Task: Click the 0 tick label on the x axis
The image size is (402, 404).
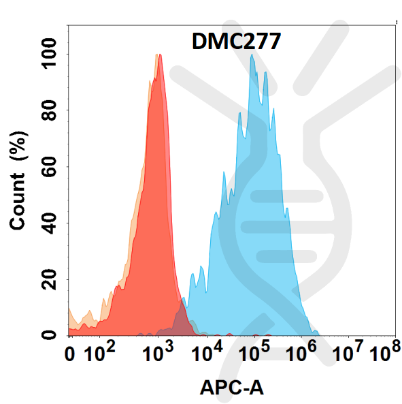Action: click(69, 354)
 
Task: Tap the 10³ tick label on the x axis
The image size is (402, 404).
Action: click(161, 353)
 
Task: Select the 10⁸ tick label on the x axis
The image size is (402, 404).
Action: click(384, 353)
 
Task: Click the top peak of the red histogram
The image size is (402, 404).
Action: click(158, 55)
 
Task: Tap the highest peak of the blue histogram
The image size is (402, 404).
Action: click(252, 55)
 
